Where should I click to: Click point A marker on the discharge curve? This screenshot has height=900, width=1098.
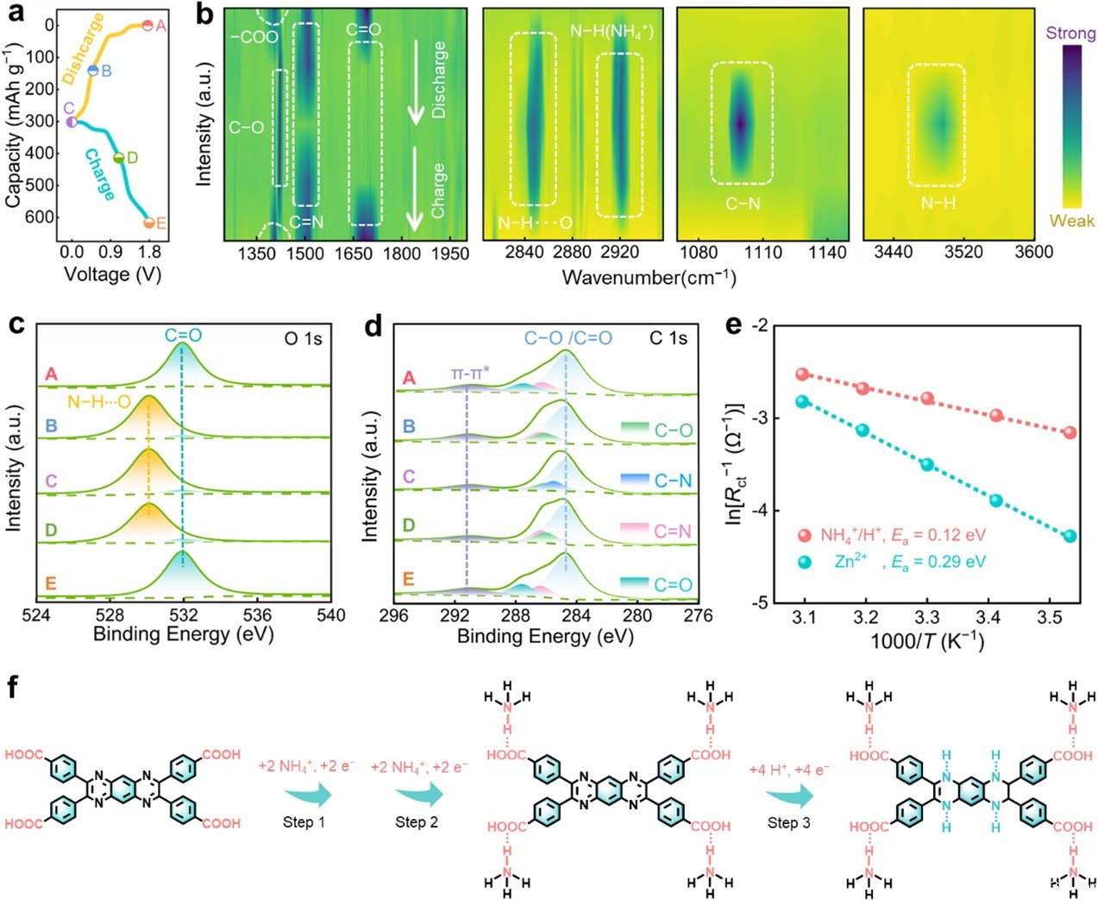point(147,26)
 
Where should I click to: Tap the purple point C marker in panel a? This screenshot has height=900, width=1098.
point(72,122)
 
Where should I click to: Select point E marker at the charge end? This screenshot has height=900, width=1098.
point(149,223)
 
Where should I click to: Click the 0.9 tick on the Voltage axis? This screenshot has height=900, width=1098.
point(110,252)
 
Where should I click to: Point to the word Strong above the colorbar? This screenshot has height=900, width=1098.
point(1070,34)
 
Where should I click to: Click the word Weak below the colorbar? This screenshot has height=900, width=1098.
point(1071,221)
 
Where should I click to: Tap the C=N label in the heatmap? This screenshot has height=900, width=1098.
point(306,222)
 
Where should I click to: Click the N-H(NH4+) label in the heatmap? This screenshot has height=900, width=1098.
point(612,32)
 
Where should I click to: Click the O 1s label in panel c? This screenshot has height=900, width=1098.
point(304,339)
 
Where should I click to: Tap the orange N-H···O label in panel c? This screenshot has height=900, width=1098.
point(99,402)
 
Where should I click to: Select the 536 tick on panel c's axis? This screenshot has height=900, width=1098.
point(257,615)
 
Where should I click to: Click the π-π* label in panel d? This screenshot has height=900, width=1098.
point(470,374)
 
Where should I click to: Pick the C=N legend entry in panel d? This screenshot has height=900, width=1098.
point(673,532)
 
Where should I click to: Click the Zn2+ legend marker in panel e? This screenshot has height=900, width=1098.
point(805,562)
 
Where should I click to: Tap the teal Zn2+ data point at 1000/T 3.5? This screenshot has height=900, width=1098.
point(1070,536)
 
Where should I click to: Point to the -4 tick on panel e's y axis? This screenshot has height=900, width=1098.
point(758,511)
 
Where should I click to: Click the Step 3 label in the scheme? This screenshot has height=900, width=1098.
point(788,822)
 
